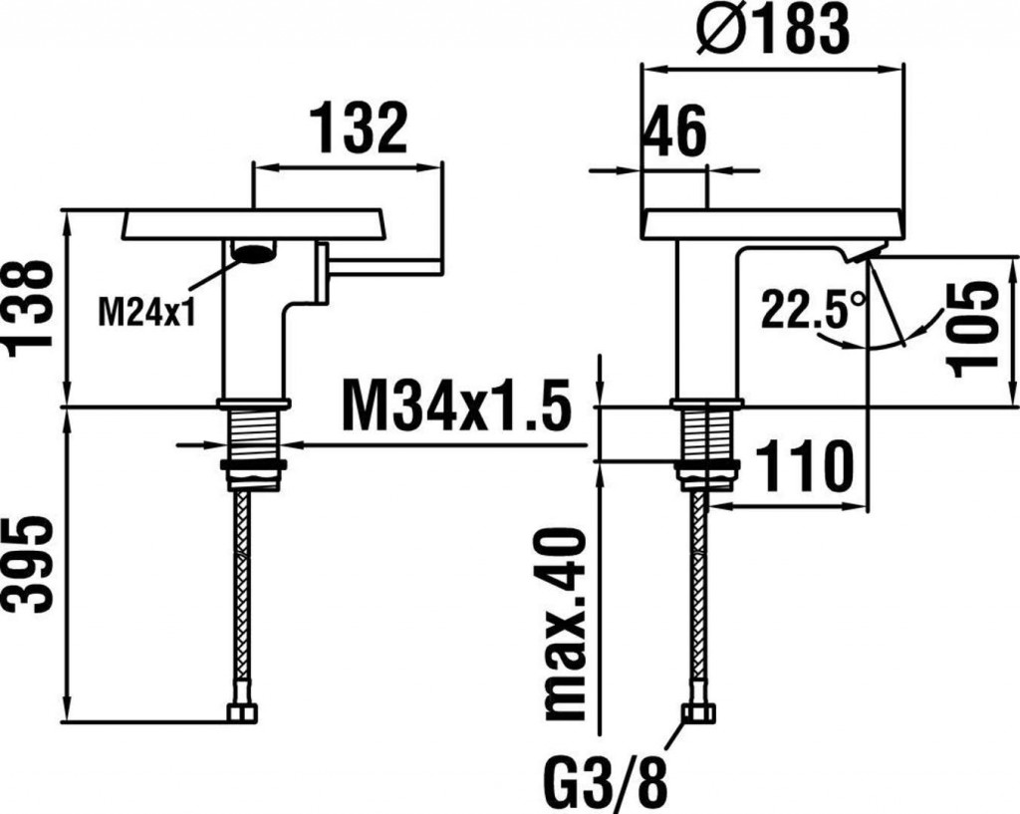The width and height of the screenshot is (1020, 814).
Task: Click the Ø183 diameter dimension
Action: point(772,29)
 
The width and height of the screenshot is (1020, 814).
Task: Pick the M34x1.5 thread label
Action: point(456,407)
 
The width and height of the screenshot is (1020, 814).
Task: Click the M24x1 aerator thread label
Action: point(146,311)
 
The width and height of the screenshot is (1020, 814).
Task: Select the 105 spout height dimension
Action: point(973,329)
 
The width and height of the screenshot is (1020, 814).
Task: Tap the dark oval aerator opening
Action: point(252,252)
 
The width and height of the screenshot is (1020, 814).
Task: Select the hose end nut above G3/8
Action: point(699,712)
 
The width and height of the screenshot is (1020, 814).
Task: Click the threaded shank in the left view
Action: point(253,434)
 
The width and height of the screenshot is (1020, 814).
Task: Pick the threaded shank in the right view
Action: point(707,434)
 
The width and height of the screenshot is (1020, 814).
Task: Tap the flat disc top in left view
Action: point(252,224)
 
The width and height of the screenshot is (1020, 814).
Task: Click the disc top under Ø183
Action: point(773,224)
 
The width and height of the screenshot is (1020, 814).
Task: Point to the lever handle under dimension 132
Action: point(382,265)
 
